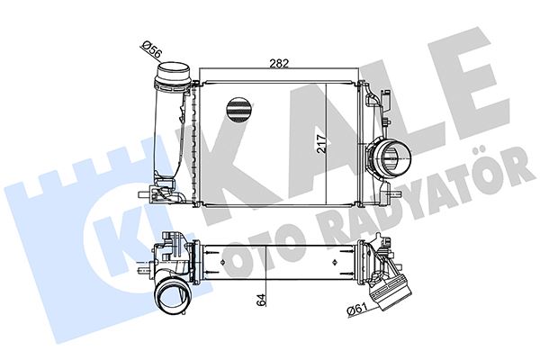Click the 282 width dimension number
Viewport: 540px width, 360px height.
coord(279,64)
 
